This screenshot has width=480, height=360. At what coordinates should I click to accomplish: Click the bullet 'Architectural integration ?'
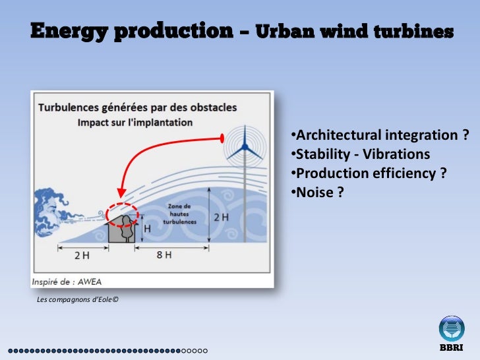click(379, 136)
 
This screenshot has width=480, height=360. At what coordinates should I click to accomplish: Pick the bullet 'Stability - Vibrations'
click(360, 154)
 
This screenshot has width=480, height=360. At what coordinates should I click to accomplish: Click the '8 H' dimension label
click(165, 256)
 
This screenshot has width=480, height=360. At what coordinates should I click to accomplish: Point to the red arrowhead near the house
click(120, 194)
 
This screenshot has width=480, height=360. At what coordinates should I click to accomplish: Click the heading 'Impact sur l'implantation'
click(135, 123)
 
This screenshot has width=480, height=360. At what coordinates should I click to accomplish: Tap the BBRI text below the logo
click(452, 347)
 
